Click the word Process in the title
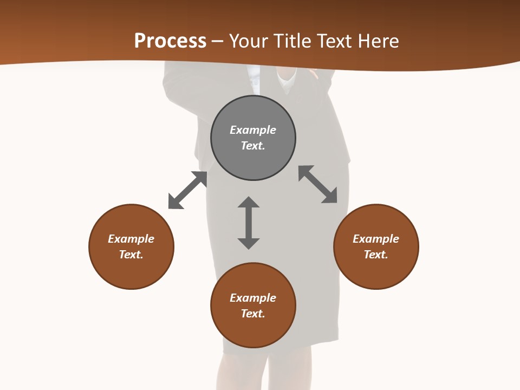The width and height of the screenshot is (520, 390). pyautogui.click(x=170, y=41)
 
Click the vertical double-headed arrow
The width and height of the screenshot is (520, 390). pyautogui.click(x=249, y=223)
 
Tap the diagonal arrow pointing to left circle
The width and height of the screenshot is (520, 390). pyautogui.click(x=187, y=190)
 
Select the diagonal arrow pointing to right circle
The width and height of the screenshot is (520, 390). pyautogui.click(x=318, y=184)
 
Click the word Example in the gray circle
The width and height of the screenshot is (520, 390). pyautogui.click(x=253, y=130)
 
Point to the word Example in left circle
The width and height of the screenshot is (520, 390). pyautogui.click(x=131, y=239)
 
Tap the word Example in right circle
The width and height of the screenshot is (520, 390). pyautogui.click(x=376, y=239)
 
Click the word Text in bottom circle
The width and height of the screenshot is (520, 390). pyautogui.click(x=253, y=314)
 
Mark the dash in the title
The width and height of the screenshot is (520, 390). pyautogui.click(x=217, y=42)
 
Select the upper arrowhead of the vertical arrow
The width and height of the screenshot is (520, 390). pyautogui.click(x=249, y=202)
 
